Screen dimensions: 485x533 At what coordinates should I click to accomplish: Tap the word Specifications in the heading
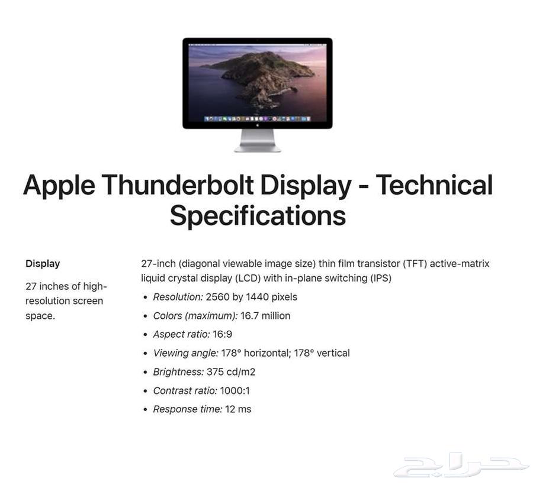(258, 215)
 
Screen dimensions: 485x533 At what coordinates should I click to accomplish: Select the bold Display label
(43, 264)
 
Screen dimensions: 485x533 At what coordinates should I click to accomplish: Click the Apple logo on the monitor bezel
(258, 125)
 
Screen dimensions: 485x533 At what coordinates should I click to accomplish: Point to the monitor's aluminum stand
(258, 141)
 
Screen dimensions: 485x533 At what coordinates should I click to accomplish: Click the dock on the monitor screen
(258, 118)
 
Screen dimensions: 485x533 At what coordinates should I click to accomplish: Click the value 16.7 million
(265, 316)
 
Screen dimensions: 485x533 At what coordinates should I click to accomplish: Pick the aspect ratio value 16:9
(223, 334)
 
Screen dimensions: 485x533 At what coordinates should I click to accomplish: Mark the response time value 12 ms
(238, 409)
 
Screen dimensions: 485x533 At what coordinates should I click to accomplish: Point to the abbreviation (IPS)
(378, 278)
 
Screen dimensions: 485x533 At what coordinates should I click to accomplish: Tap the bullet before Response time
(146, 410)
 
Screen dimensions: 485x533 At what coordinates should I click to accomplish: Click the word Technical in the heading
(434, 185)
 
